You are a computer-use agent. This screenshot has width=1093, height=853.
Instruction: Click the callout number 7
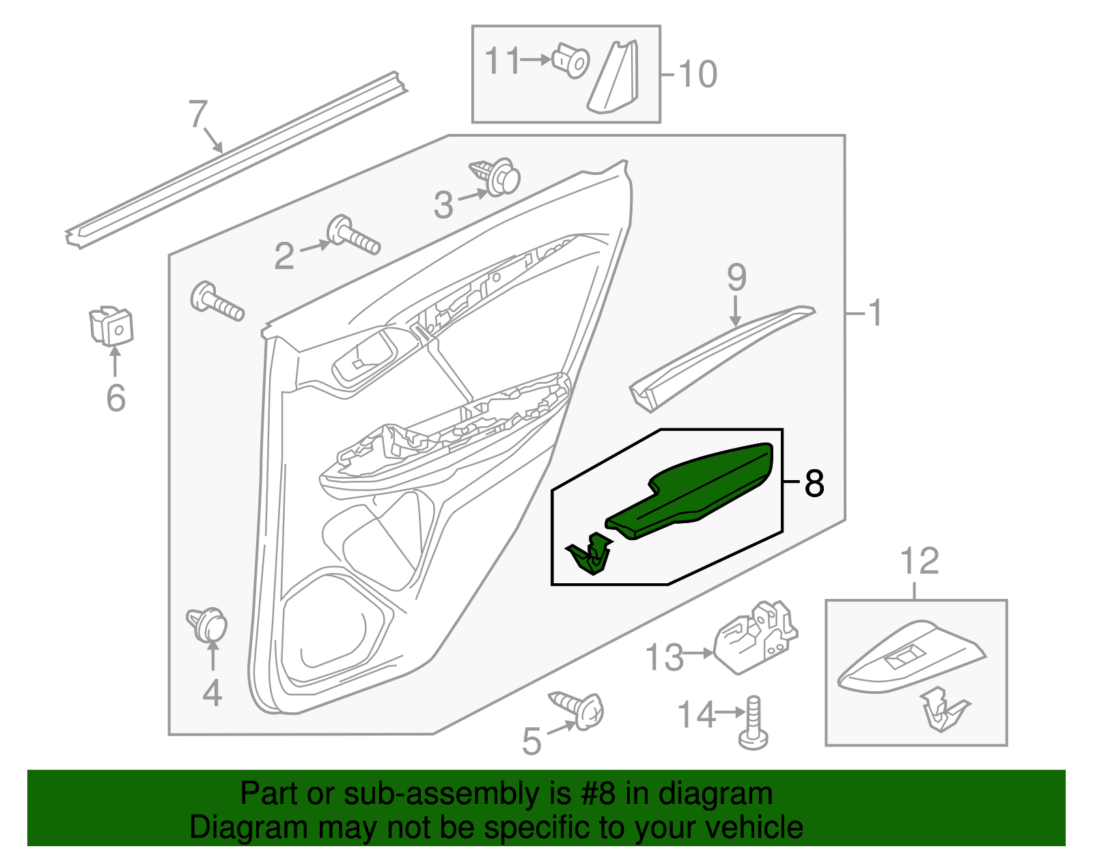click(197, 114)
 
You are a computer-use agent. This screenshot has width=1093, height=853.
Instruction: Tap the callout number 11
click(503, 61)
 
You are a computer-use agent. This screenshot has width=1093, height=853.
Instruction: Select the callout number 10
click(698, 74)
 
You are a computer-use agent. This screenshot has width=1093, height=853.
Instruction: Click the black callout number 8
click(814, 483)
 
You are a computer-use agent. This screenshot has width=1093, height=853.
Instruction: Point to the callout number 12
click(919, 562)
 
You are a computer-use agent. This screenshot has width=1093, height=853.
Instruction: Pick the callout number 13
click(664, 658)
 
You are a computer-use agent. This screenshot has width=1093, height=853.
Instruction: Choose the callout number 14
click(695, 715)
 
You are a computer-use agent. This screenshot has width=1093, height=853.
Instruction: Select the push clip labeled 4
click(208, 624)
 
